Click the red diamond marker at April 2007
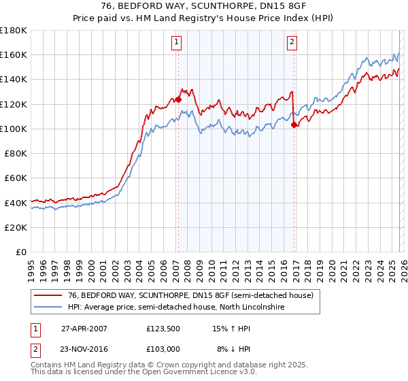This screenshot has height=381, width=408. (x=178, y=99)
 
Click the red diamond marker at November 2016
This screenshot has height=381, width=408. (x=294, y=125)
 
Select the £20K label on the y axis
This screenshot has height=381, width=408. (x=16, y=227)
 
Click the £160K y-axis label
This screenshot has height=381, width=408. (x=14, y=54)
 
